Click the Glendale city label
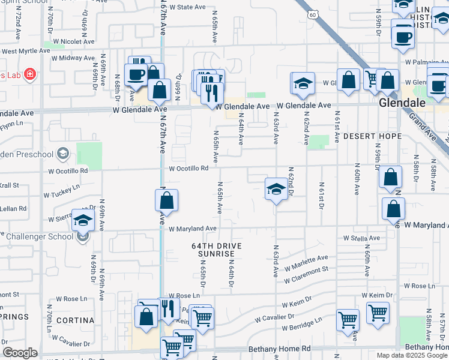[x=402, y=103]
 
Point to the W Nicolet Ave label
[x=74, y=42]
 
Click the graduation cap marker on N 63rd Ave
[x=276, y=189]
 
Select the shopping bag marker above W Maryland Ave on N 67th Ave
[x=167, y=200]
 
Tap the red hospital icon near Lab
[x=30, y=75]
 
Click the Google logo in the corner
[x=20, y=353]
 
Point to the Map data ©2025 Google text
[x=412, y=355]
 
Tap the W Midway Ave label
[x=73, y=58]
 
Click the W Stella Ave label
[x=361, y=238]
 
